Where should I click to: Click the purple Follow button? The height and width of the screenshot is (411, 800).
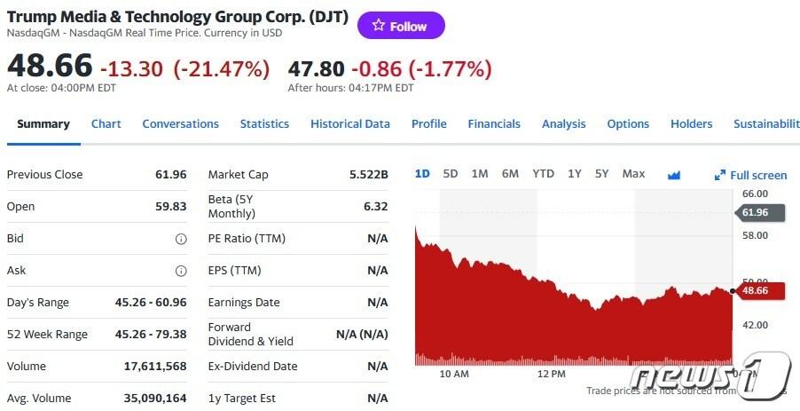(401, 26)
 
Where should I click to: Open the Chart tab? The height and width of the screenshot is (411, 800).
(106, 124)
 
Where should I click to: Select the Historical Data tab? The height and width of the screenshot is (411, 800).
(350, 124)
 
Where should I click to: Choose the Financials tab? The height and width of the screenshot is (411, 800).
(494, 124)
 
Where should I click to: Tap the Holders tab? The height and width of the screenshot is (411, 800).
(691, 124)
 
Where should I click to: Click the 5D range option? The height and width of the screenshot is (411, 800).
(451, 174)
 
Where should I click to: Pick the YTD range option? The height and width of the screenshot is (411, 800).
(543, 174)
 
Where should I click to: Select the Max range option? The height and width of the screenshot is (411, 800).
(633, 174)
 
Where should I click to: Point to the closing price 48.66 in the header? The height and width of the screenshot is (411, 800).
(50, 67)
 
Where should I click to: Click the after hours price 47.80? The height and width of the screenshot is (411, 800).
(316, 68)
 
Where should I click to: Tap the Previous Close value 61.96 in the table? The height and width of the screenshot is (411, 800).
(170, 175)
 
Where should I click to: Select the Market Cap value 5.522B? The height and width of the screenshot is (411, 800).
(369, 175)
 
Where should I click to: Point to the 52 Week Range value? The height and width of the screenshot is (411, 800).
(151, 335)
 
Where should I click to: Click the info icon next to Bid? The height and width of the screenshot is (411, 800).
(181, 239)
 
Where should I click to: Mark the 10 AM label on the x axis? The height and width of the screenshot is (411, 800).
(454, 374)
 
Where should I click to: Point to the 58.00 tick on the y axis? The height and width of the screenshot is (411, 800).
(755, 235)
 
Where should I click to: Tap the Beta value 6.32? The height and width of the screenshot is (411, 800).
(375, 207)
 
